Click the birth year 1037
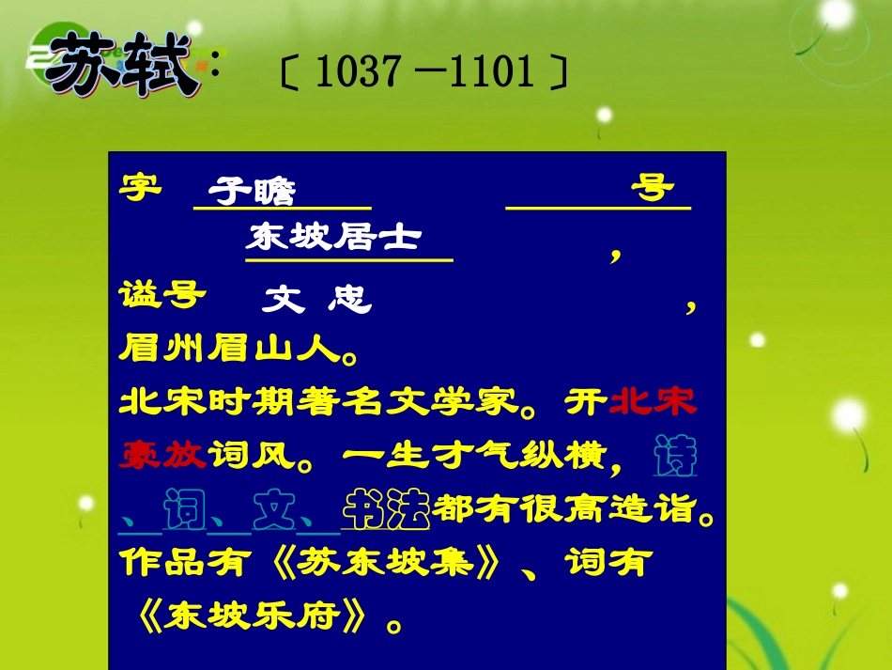pyautogui.click(x=349, y=71)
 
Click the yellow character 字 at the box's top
pyautogui.click(x=140, y=185)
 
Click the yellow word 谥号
pyautogui.click(x=162, y=294)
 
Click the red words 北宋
pyautogui.click(x=654, y=402)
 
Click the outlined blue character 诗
pyautogui.click(x=674, y=457)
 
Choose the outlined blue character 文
pyautogui.click(x=274, y=509)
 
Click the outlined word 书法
pyautogui.click(x=387, y=509)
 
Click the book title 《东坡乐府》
pyautogui.click(x=259, y=617)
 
